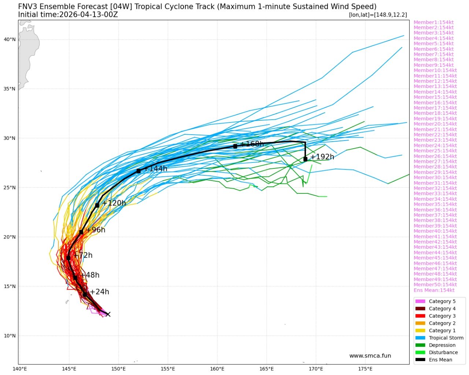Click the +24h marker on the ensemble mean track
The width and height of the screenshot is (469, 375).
tap(85, 295)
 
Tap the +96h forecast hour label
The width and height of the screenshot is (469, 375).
tap(96, 230)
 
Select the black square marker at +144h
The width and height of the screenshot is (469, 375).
tap(139, 171)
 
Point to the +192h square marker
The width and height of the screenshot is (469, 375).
tap(305, 159)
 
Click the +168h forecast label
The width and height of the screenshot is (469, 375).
tap(252, 144)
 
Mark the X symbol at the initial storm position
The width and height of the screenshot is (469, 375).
tap(108, 314)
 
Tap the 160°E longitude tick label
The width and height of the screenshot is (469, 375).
tap(217, 369)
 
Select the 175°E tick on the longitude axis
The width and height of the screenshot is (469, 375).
tap(365, 369)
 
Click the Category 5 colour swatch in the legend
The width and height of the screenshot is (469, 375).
tap(420, 301)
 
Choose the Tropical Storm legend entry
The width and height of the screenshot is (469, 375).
tap(446, 338)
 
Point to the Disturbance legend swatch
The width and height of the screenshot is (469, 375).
tap(420, 353)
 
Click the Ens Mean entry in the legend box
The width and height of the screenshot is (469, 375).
tap(440, 360)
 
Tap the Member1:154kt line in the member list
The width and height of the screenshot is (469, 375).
tap(433, 22)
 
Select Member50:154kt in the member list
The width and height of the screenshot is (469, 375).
tap(435, 285)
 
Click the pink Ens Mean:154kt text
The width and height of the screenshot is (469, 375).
tap(434, 290)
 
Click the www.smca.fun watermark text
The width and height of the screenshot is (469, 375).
tap(370, 356)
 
